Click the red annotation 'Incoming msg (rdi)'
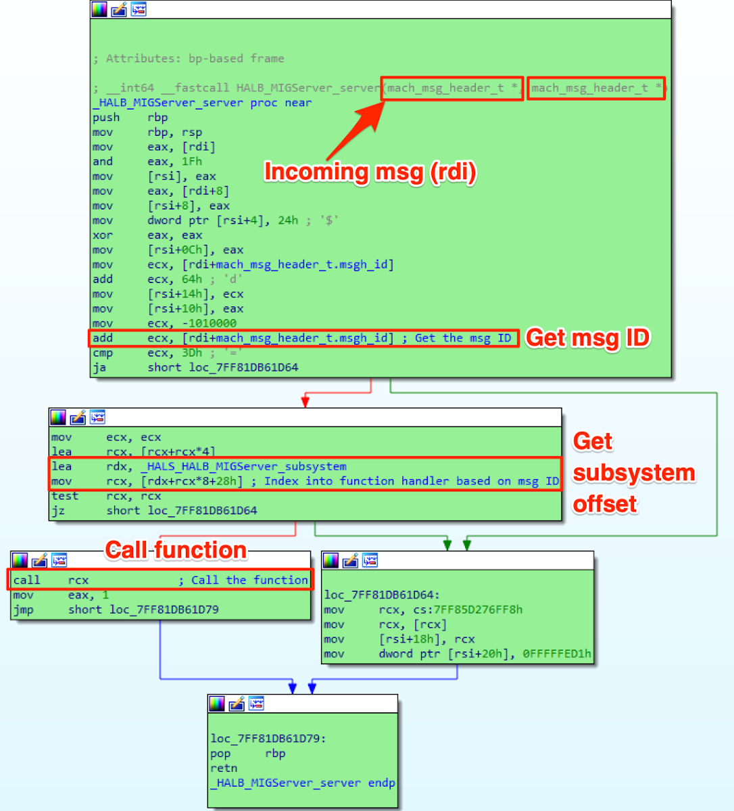pos(370,172)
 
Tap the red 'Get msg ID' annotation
pos(587,337)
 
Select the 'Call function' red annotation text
pos(176,550)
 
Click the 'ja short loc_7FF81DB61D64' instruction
pos(195,368)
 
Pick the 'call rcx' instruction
pos(51,580)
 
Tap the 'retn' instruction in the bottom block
pos(224,768)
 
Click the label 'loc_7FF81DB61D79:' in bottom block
pos(268,739)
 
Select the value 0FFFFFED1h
pos(556,654)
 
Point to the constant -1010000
pos(210,323)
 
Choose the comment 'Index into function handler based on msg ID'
pos(412,481)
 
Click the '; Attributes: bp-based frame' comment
pos(189,59)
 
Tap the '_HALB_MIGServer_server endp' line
pos(302,783)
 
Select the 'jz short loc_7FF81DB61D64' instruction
pos(154,510)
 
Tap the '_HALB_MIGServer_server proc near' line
pos(202,103)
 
